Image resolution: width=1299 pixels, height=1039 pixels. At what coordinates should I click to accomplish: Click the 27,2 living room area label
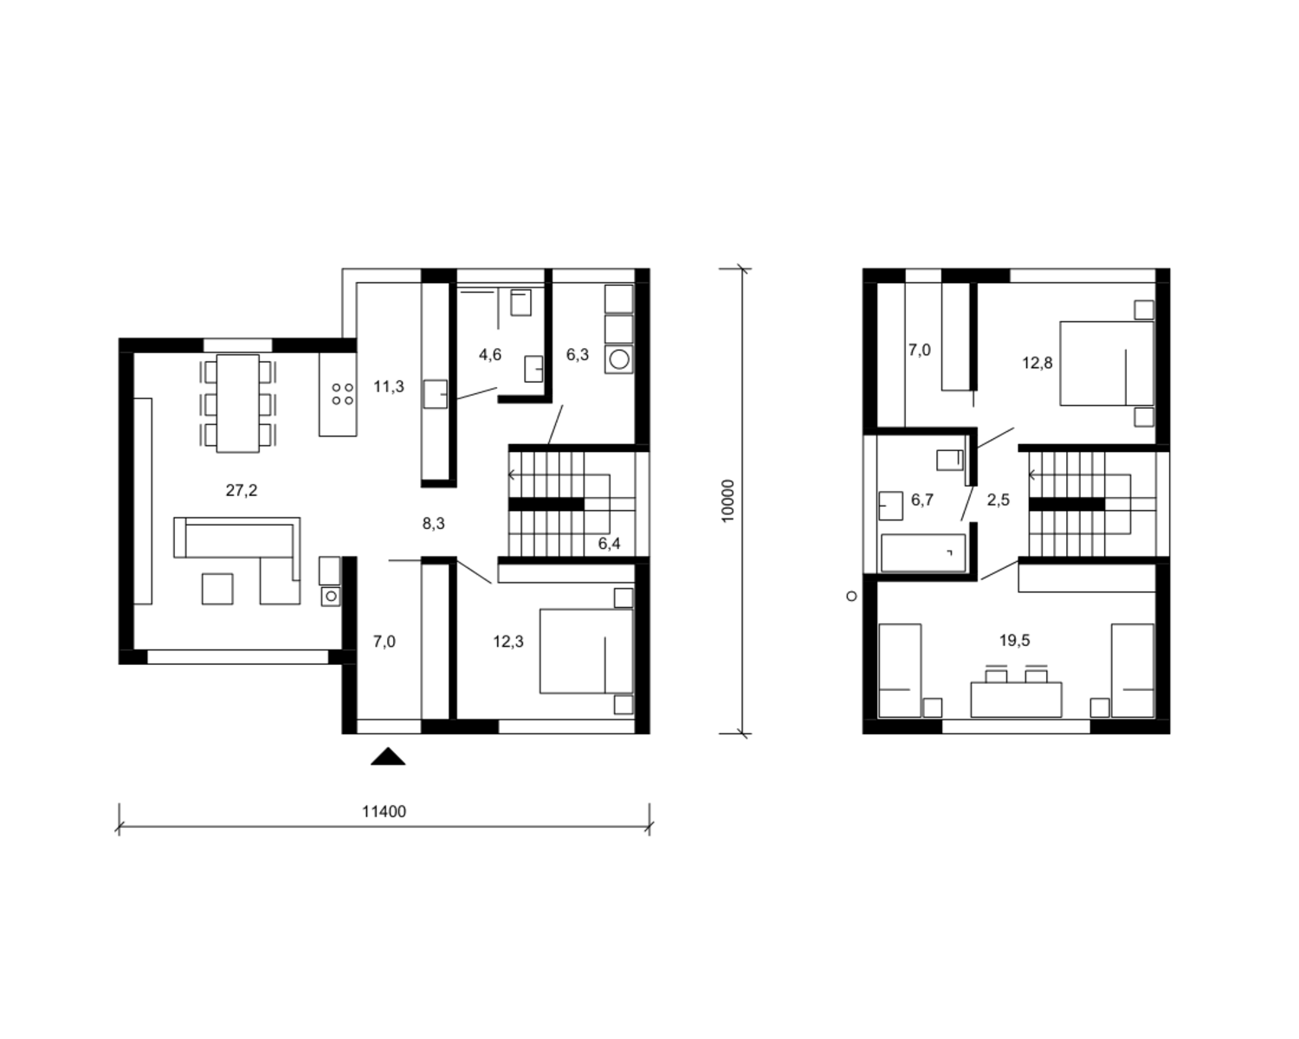pyautogui.click(x=242, y=490)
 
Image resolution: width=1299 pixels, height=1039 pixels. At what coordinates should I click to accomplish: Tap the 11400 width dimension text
pyautogui.click(x=384, y=811)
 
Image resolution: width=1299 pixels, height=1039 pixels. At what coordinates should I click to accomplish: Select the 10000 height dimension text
pyautogui.click(x=728, y=500)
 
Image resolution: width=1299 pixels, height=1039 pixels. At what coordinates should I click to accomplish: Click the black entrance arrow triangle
pyautogui.click(x=388, y=756)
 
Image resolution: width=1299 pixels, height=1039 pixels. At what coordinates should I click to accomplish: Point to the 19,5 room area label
pyautogui.click(x=1015, y=640)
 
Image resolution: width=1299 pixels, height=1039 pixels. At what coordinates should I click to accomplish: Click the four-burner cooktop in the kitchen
pyautogui.click(x=342, y=394)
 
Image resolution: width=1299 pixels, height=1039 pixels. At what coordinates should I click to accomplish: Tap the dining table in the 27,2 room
pyautogui.click(x=238, y=403)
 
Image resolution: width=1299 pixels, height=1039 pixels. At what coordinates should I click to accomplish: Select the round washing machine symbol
pyautogui.click(x=618, y=359)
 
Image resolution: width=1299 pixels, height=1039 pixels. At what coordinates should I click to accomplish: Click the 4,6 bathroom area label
pyautogui.click(x=490, y=354)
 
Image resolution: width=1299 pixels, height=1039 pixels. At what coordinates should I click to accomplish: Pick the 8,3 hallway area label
pyautogui.click(x=433, y=524)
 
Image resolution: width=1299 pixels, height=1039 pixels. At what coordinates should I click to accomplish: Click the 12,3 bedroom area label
pyautogui.click(x=508, y=641)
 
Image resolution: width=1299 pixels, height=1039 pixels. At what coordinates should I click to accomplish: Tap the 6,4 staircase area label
pyautogui.click(x=609, y=544)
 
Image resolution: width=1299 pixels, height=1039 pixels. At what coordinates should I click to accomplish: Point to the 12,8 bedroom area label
pyautogui.click(x=1037, y=363)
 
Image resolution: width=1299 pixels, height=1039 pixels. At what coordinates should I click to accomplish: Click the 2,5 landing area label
pyautogui.click(x=998, y=500)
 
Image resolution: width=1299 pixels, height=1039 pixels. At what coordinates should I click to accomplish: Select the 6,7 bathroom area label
pyautogui.click(x=922, y=500)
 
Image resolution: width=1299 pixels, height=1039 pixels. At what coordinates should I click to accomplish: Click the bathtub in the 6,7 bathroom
pyautogui.click(x=923, y=552)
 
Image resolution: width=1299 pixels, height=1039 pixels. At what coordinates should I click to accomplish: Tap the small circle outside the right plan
pyautogui.click(x=852, y=597)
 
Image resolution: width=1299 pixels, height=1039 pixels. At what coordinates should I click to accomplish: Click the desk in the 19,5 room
pyautogui.click(x=1016, y=700)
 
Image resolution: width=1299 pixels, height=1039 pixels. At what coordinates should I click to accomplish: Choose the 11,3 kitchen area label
pyautogui.click(x=389, y=386)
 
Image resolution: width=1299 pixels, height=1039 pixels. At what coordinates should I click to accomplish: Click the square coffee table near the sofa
pyautogui.click(x=217, y=589)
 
